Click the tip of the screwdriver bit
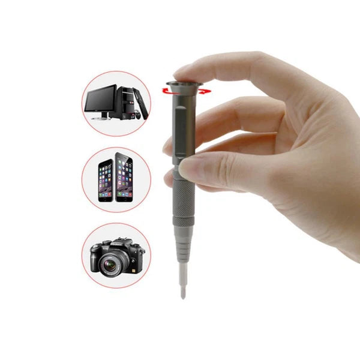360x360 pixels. [182, 295]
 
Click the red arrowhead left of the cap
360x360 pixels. [163, 89]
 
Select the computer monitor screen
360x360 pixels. [100, 98]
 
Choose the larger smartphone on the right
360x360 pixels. [124, 177]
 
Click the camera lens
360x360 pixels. [110, 259]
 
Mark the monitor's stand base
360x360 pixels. [101, 118]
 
